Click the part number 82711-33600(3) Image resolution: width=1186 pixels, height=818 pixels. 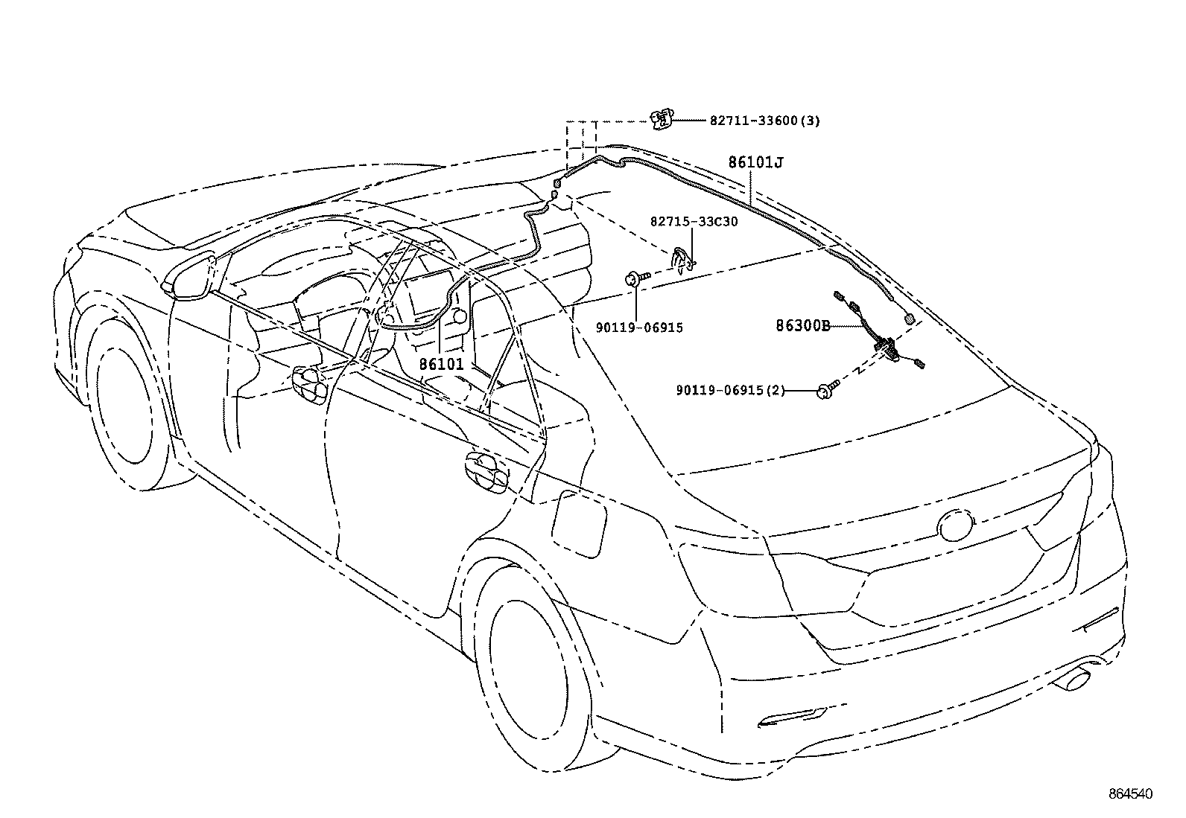pos(764,121)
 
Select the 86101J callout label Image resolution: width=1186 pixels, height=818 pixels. pos(755,162)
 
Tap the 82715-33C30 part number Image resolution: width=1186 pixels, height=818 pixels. pos(694,222)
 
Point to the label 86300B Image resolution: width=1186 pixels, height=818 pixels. pos(802,325)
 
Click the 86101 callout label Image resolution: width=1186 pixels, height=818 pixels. pos(441,365)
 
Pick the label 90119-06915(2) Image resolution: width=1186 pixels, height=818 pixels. pos(730,390)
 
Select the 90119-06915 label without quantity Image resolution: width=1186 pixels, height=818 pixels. pos(639,327)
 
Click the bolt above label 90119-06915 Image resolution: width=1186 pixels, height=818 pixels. pos(635,279)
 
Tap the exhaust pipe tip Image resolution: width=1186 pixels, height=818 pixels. pos(1073,680)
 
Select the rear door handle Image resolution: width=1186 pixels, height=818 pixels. pos(485,473)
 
